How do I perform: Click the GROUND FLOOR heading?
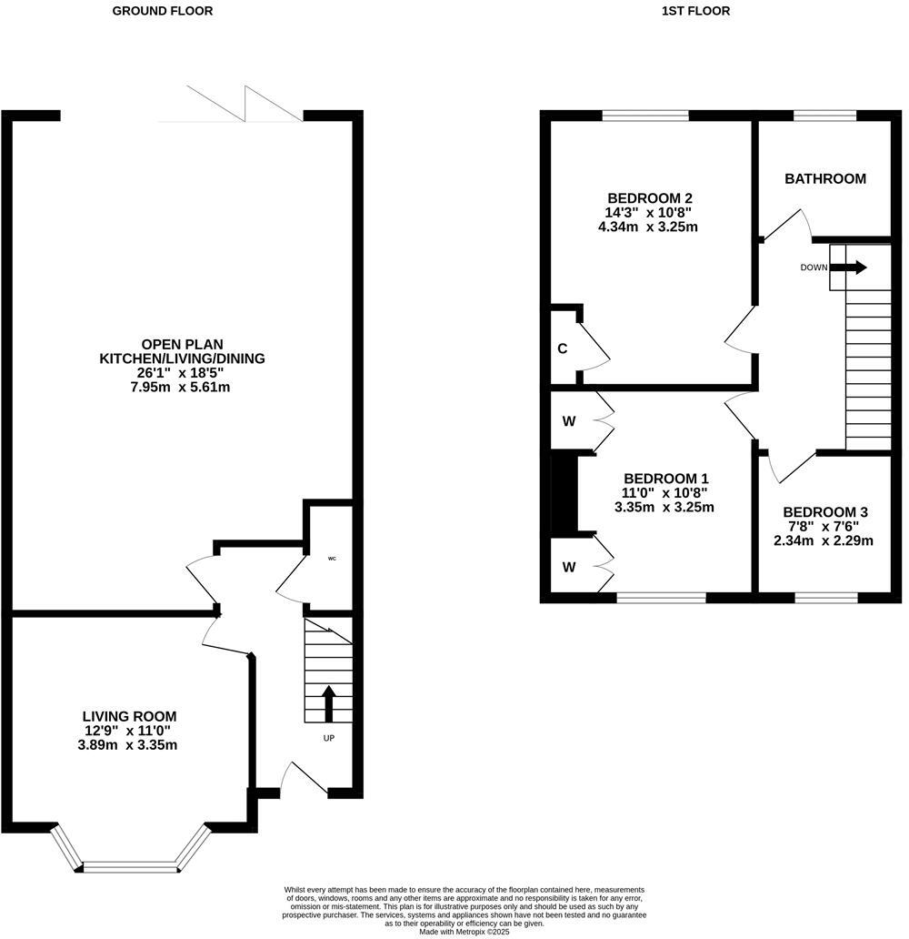(163, 11)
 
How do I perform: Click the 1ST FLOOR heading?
(697, 11)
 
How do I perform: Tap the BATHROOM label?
(824, 178)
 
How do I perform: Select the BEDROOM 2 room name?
(650, 198)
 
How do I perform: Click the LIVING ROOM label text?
(129, 716)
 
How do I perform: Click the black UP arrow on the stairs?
(328, 703)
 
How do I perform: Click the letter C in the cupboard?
(563, 348)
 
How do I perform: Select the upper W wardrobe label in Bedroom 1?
(568, 421)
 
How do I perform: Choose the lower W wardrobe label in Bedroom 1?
(568, 567)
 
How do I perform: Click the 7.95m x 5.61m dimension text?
(182, 387)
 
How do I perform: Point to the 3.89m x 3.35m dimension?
(129, 745)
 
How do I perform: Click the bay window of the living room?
(128, 864)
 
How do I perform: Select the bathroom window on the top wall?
(824, 116)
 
